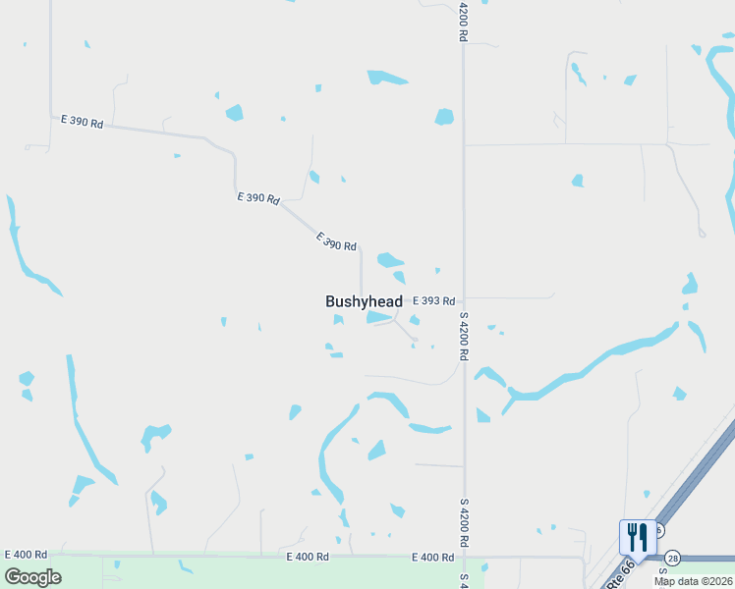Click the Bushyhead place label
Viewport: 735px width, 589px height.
pos(364,301)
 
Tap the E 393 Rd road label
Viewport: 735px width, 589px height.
pos(433,301)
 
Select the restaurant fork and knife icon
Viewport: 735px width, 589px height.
pos(638,538)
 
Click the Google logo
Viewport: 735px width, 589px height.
pos(32,577)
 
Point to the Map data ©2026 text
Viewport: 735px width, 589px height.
pos(692,581)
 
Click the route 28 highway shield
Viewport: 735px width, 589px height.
pos(672,558)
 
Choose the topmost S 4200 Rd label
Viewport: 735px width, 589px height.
pos(462,21)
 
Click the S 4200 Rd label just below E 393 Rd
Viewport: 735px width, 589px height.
pos(463,336)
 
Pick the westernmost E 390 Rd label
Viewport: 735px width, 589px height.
pos(81,122)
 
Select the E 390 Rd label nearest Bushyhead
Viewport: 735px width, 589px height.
pos(336,241)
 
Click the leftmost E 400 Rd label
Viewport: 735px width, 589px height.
pos(27,556)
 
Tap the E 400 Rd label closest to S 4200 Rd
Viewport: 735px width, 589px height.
pos(433,558)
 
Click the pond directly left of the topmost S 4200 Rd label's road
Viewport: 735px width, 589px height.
pos(444,117)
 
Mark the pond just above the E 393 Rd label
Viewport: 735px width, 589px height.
pos(389,260)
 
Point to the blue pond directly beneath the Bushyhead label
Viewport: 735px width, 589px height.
pos(379,317)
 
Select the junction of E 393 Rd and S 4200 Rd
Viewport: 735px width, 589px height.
pos(463,297)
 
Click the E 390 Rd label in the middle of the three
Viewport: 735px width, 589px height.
pos(257,197)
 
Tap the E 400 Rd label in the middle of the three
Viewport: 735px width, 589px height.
pos(308,557)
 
